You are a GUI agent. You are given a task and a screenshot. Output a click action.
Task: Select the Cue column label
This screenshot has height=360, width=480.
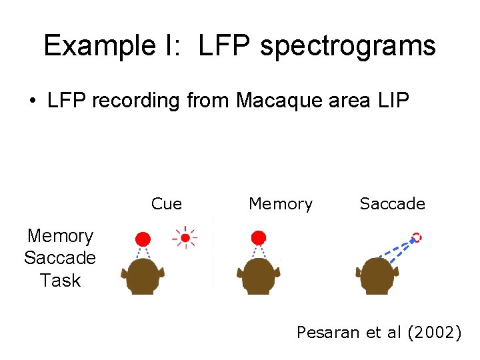click(x=167, y=204)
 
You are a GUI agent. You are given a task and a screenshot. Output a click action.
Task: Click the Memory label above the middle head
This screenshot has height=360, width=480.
click(x=281, y=204)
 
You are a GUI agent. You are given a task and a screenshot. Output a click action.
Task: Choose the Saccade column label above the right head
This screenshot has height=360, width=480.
click(x=392, y=204)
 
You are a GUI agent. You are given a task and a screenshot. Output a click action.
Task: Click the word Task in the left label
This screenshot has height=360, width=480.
click(x=60, y=281)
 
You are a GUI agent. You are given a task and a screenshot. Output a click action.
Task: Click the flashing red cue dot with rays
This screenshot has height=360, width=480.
click(x=185, y=237)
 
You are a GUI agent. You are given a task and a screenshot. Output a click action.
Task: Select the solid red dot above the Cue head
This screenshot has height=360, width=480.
click(x=142, y=239)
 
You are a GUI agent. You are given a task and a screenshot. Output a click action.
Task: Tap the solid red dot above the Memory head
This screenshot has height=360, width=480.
click(x=259, y=237)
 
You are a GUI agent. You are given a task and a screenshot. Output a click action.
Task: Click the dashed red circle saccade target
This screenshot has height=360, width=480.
click(x=417, y=237)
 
